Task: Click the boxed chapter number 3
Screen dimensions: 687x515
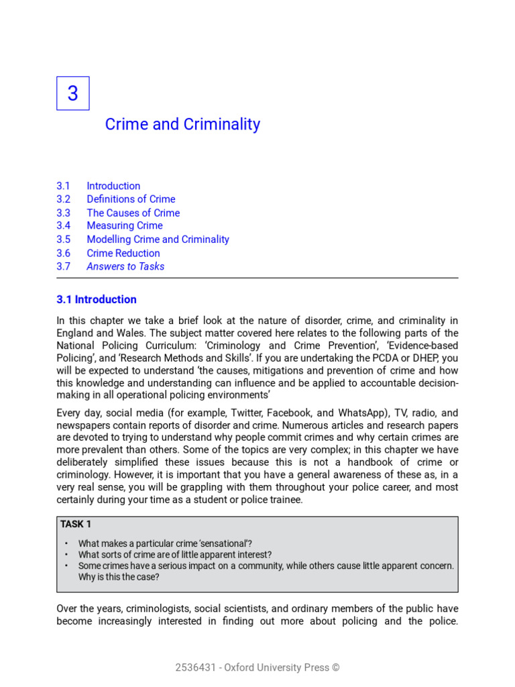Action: [72, 93]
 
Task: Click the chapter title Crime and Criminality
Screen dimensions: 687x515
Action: [182, 124]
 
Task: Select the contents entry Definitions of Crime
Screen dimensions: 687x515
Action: [131, 199]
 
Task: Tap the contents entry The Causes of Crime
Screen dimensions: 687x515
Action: [133, 213]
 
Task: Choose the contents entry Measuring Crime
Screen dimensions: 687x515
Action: [124, 226]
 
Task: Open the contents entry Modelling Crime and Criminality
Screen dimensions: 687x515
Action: [158, 240]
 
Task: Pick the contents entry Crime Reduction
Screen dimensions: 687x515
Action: [123, 253]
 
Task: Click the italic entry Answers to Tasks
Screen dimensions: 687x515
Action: [125, 266]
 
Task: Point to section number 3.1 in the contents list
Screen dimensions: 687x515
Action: [63, 186]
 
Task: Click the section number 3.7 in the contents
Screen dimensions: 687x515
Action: [63, 266]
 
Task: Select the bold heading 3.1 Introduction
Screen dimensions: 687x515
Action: [97, 299]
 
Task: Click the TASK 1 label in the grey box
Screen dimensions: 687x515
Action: [76, 524]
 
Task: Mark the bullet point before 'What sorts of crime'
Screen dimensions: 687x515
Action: [66, 555]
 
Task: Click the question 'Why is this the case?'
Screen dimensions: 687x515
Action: [119, 577]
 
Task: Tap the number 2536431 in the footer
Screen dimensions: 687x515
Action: [194, 668]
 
